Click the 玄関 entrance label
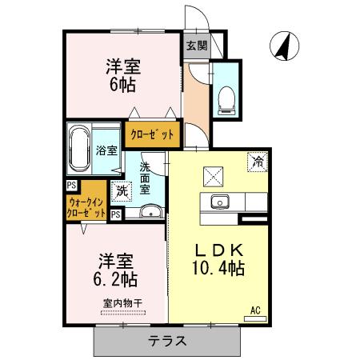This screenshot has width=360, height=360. click(195, 46)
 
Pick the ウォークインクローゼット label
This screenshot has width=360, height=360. click(86, 208)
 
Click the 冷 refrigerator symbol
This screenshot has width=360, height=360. click(258, 161)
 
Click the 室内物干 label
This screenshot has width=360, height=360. click(122, 303)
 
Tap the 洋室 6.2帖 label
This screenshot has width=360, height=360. click(117, 270)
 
